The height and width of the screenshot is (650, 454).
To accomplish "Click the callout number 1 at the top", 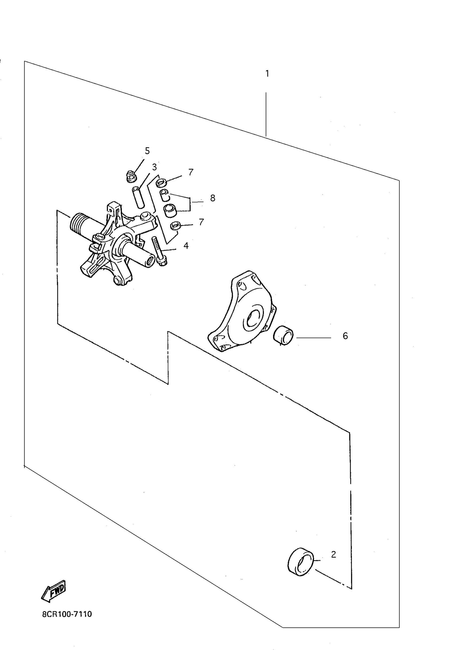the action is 267,74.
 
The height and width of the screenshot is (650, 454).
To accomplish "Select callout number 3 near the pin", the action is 154,167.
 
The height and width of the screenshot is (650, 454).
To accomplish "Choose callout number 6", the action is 345,336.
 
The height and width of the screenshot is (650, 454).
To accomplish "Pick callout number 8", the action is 213,198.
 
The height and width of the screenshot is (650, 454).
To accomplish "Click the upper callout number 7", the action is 191,172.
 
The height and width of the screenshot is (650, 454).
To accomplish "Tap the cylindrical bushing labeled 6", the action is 283,336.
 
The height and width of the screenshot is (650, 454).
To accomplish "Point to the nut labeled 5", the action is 131,177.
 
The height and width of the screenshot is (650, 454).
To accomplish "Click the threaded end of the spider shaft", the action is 80,223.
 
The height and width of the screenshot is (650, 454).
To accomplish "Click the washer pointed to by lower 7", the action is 176,226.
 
